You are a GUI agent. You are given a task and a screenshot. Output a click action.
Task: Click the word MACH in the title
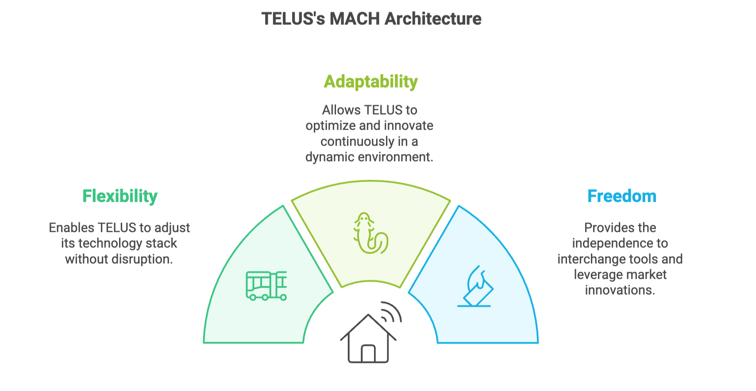(355, 19)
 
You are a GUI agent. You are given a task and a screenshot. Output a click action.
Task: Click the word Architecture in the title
(433, 19)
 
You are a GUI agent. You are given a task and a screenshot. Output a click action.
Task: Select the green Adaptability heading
(370, 82)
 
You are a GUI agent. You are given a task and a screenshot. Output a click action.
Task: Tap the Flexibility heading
(120, 196)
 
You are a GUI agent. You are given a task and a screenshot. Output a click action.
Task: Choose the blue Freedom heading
(621, 196)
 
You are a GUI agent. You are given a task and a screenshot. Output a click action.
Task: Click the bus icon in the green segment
(266, 286)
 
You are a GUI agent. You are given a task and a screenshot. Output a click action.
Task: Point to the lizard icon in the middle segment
(370, 233)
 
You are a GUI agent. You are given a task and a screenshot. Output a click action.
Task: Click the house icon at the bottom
(368, 339)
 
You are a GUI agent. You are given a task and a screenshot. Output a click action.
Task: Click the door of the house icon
(368, 353)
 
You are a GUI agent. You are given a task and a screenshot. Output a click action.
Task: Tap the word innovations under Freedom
(620, 290)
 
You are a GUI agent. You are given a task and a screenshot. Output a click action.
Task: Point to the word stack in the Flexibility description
(164, 243)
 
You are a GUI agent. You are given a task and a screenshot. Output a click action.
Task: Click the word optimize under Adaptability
(330, 126)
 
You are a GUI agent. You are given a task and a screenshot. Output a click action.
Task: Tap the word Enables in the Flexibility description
(71, 228)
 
